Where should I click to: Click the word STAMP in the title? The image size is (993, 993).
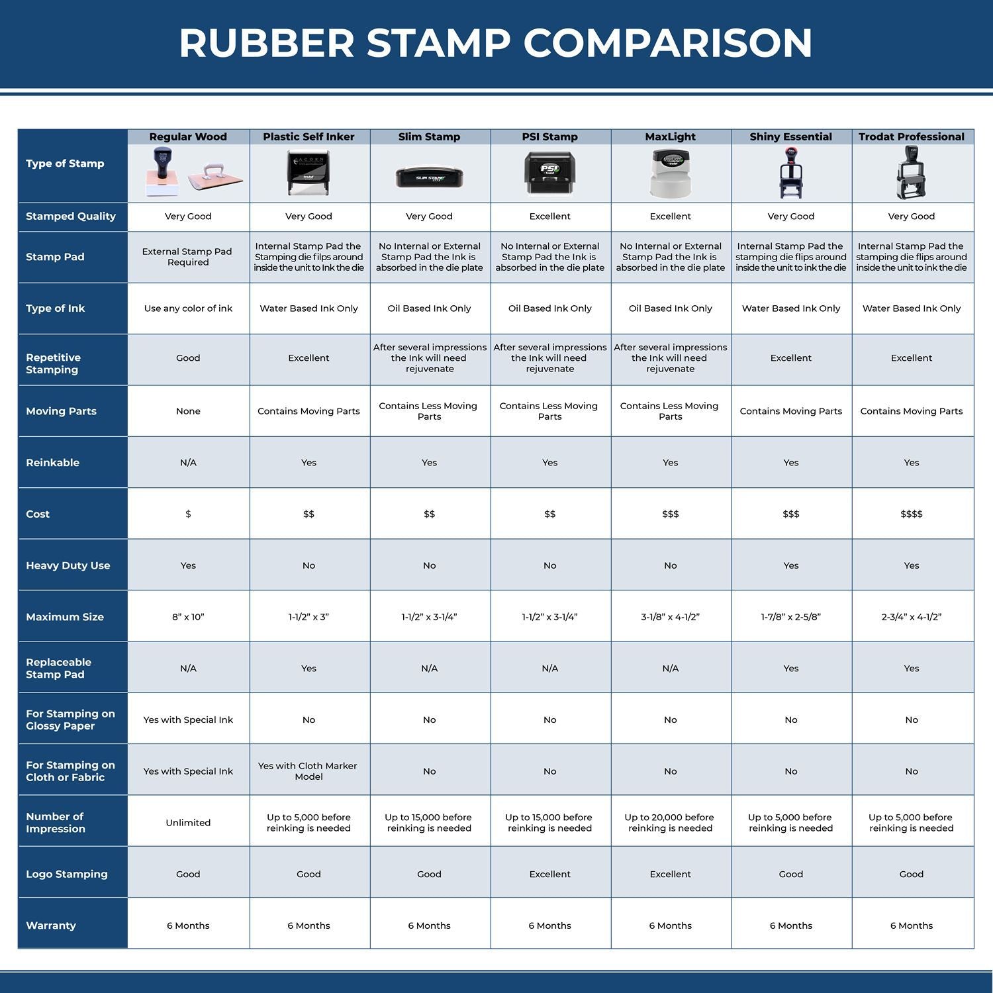438,43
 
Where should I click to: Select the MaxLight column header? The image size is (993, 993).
670,137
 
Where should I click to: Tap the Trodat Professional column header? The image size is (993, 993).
911,137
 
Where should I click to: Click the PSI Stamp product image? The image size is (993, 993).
549,173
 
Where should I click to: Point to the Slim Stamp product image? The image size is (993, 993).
429,177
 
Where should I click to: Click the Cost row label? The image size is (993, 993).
38,514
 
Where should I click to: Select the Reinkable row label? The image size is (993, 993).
52,463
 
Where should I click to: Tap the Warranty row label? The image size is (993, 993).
51,925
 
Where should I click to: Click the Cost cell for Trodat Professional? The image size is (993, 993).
911,514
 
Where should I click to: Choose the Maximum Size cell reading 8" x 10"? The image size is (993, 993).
188,617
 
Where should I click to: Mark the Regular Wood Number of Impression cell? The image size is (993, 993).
188,822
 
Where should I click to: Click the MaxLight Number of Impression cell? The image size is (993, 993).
670,822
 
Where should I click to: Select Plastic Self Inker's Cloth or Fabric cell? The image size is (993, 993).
308,771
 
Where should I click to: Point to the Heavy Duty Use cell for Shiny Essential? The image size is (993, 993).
790,565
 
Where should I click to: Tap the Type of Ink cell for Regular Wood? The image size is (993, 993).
188,308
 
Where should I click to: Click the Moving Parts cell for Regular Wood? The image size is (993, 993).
188,411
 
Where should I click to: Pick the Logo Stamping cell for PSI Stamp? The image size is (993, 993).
549,874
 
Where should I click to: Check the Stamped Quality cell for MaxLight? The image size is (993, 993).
670,216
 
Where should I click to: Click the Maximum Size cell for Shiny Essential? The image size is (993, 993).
790,617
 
